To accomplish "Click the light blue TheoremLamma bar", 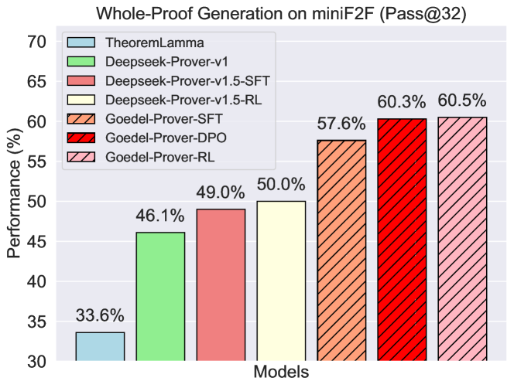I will [100, 346].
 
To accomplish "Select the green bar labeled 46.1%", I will [160, 297].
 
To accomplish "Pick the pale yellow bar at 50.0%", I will [281, 281].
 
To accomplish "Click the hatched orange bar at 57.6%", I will [341, 250].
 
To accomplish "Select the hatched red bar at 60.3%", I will [402, 240].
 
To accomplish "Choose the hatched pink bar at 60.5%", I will [462, 239].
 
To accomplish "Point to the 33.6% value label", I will [100, 316].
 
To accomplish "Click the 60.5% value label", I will [462, 100].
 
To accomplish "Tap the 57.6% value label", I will [341, 124].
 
